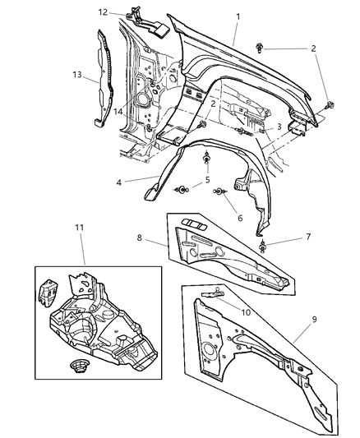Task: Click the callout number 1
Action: (237, 16)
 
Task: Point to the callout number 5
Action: (207, 179)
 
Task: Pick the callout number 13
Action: (77, 74)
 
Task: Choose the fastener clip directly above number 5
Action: (207, 159)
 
